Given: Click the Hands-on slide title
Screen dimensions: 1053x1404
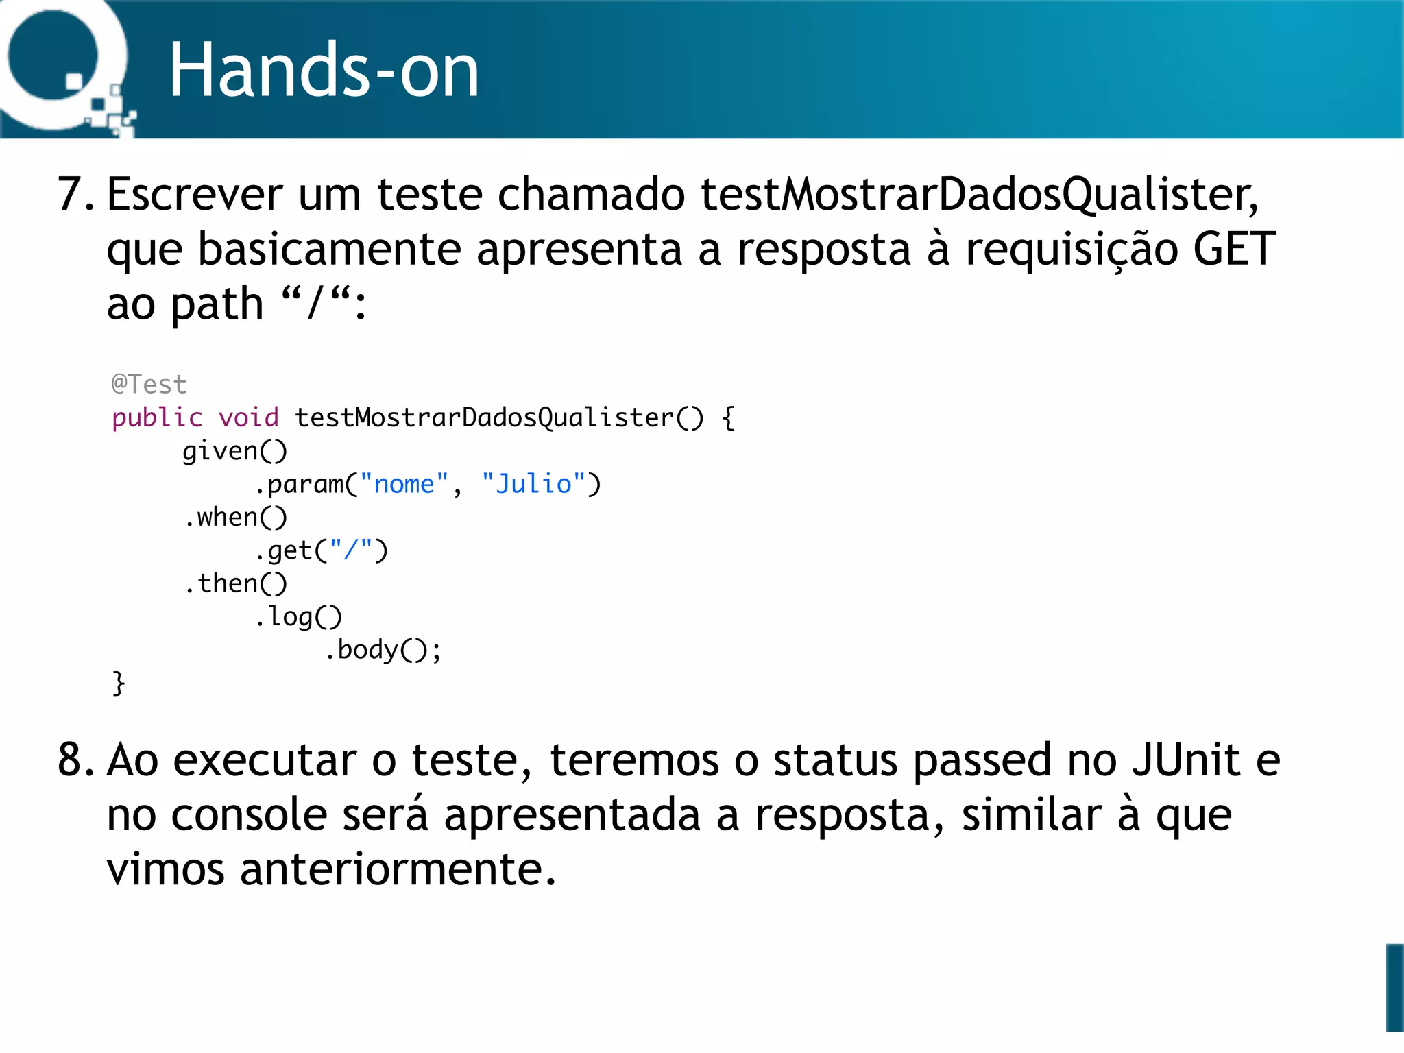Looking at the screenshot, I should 324,71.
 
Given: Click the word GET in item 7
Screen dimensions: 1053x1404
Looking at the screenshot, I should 1234,249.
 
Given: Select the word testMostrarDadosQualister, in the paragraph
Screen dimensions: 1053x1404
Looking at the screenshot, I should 980,195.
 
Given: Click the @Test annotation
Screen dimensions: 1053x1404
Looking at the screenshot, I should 149,385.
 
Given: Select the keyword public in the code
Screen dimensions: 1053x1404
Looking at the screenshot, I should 157,417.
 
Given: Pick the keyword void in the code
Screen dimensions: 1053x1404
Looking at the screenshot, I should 248,417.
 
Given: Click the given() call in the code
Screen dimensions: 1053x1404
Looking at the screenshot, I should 234,451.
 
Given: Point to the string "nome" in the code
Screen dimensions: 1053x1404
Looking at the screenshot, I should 404,484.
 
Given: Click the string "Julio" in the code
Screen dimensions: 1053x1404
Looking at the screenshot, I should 533,484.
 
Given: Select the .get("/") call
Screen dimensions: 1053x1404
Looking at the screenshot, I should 321,550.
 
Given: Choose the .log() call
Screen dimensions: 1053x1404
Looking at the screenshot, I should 298,617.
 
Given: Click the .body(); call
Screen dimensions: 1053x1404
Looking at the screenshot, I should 383,650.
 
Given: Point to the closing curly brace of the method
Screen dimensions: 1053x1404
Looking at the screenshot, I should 119,683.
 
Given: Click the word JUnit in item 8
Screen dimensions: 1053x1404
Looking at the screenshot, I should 1186,760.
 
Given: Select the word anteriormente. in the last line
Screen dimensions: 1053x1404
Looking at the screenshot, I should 398,869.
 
